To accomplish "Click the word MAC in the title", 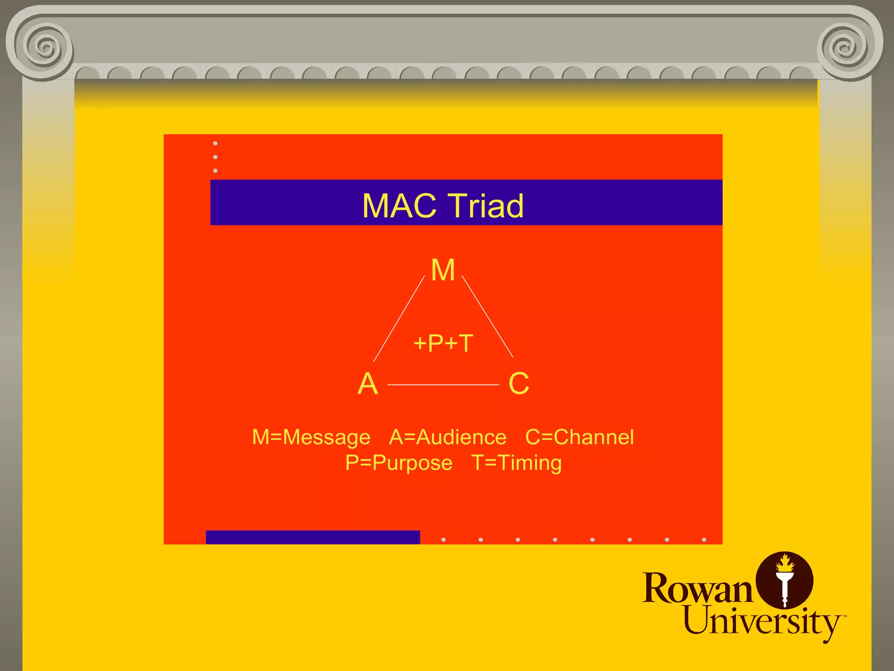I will click(x=399, y=206).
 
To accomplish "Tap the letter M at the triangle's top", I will click(x=443, y=270).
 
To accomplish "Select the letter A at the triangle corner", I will click(x=368, y=384).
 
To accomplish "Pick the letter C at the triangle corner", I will click(x=519, y=384).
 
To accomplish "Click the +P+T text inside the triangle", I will click(x=443, y=343).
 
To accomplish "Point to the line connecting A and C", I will click(x=443, y=385).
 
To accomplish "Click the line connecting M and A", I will click(x=399, y=319).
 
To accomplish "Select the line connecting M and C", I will click(x=488, y=317).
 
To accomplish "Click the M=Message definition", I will click(x=311, y=437).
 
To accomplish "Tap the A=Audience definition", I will click(x=447, y=437).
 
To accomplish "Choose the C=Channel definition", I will click(x=579, y=437).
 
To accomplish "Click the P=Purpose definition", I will click(x=399, y=463).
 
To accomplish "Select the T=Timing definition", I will click(x=516, y=463).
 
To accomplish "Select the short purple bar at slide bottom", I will click(x=313, y=537).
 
